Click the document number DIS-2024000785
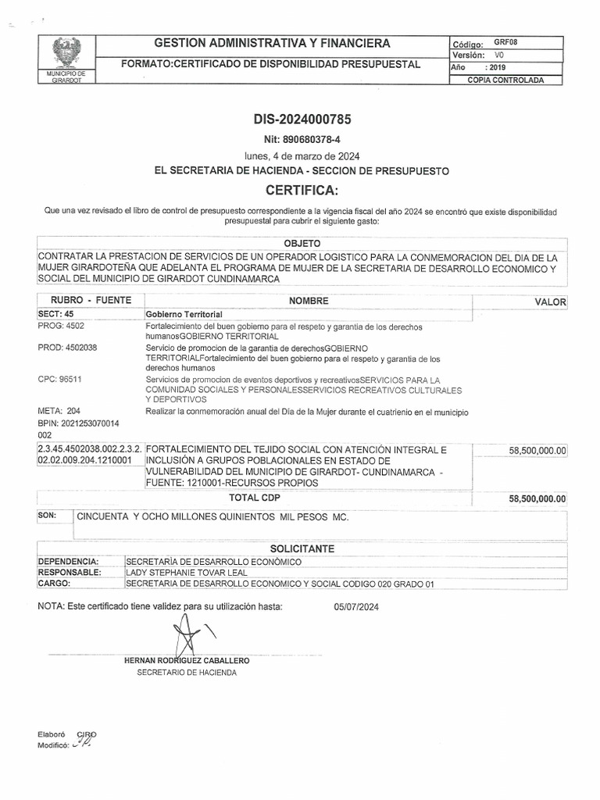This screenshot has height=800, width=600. coord(302,120)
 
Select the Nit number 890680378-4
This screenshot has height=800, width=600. coord(302,139)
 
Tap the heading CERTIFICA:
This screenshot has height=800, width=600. coord(302,190)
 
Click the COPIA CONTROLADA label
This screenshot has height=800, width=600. coord(505,80)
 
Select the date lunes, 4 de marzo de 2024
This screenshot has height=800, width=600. coord(302,155)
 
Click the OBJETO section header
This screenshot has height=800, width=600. coord(302,244)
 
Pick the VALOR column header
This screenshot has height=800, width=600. coord(550,302)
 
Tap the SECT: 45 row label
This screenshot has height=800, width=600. coord(55,313)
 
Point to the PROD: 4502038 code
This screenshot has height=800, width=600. coord(67,348)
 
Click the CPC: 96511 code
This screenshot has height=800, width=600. coord(60,379)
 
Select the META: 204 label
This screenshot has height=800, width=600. coord(59,410)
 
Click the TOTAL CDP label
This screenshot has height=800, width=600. coord(254,497)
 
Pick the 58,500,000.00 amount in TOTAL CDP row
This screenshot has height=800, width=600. coord(537,498)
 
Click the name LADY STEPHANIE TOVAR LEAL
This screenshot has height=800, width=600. coord(188,572)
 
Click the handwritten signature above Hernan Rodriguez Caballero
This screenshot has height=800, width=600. coord(188,634)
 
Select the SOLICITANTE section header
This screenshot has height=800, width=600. coord(302,550)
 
